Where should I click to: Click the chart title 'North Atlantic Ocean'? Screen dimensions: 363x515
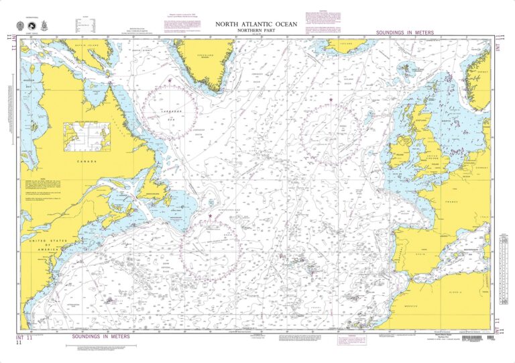257,24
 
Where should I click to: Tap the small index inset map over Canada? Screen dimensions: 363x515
87,136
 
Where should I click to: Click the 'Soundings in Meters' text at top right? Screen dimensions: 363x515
404,32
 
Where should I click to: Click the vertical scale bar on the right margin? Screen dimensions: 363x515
503,245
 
